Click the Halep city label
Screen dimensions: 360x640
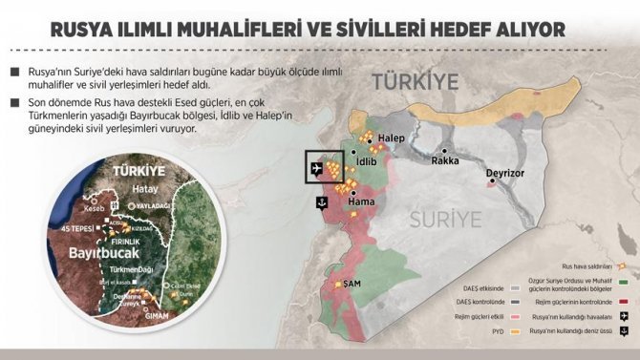click(x=392, y=138)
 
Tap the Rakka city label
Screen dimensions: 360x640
click(x=445, y=160)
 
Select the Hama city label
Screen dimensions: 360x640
click(x=360, y=203)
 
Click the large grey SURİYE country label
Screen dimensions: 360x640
click(x=446, y=221)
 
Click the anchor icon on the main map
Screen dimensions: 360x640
click(x=322, y=202)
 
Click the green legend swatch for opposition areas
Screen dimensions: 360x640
click(x=623, y=281)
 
